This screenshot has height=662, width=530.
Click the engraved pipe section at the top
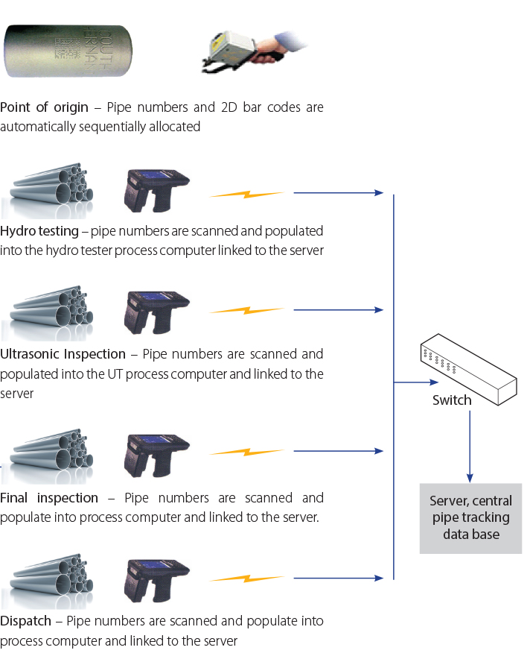57,51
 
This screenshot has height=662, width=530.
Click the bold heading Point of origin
44,107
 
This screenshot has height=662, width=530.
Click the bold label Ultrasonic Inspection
63,354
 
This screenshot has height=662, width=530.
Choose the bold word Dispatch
26,621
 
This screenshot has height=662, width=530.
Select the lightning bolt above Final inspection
246,452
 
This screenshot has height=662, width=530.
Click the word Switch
452,400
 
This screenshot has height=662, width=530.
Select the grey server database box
470,518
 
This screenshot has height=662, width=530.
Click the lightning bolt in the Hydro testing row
246,195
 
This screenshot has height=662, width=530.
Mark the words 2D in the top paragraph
229,107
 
